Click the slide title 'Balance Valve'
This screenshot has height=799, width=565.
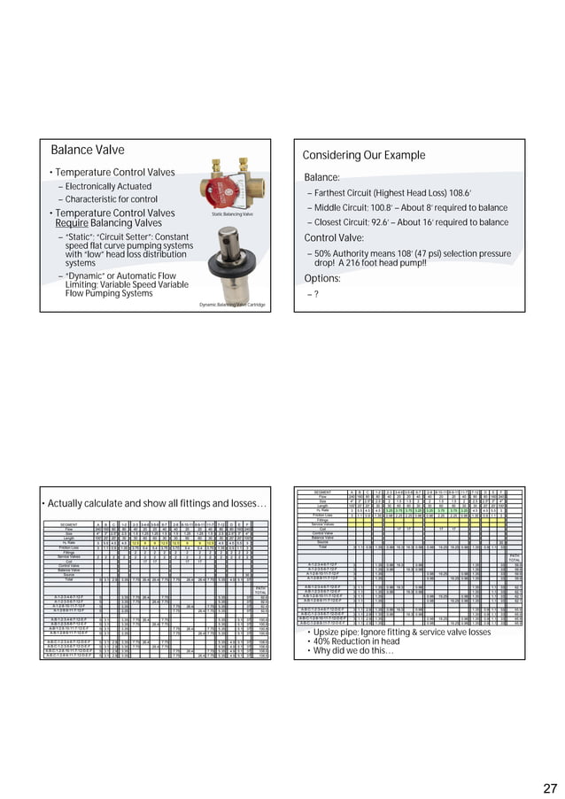[87, 151]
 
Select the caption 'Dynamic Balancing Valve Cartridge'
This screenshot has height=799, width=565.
[233, 304]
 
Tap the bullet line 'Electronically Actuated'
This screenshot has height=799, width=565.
[109, 187]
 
